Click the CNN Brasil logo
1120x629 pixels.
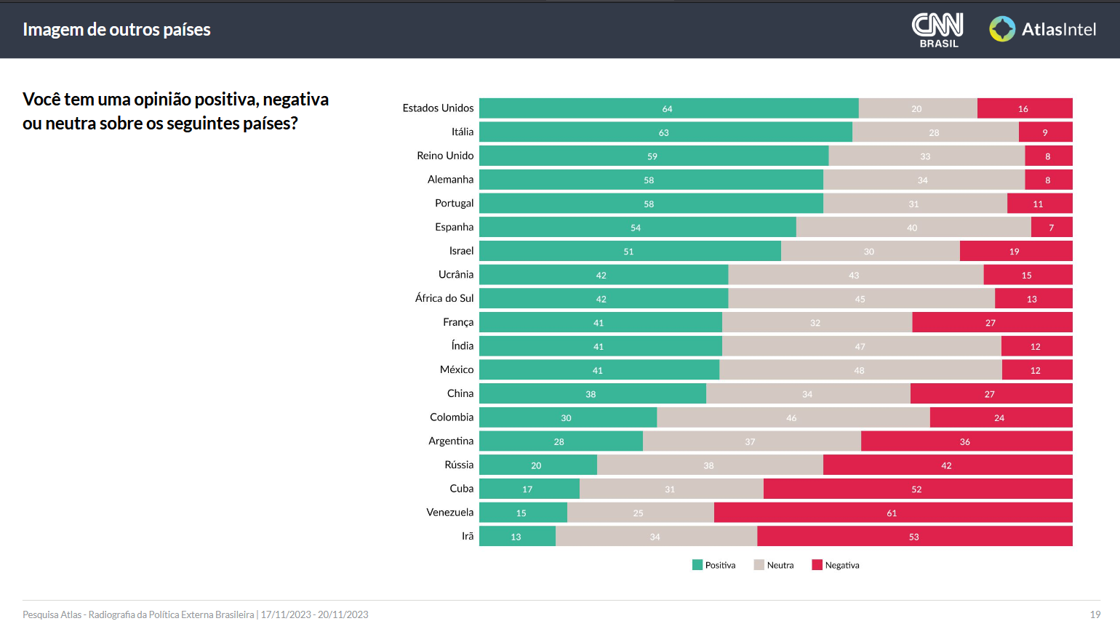coord(937,30)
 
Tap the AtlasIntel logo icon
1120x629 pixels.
coord(1002,29)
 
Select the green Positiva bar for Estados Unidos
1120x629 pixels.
coord(668,108)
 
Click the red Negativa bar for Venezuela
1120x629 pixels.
coord(892,513)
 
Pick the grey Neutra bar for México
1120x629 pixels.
coord(860,370)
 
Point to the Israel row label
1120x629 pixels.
coord(461,251)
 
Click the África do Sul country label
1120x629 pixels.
coord(444,298)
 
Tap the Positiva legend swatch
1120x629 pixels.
coord(697,565)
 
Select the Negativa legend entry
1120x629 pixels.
coord(836,565)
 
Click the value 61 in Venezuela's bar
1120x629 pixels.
coord(892,513)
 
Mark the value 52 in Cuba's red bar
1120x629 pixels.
coord(916,489)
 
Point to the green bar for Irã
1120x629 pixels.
coord(516,537)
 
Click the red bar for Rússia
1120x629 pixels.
coord(947,465)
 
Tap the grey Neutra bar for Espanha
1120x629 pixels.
coord(913,228)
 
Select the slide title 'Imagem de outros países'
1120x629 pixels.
coord(116,30)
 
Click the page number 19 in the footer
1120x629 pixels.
coord(1095,614)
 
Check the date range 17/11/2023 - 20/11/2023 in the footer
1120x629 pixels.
coord(314,614)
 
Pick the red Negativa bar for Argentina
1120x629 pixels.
coord(966,441)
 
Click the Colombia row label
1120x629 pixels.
coord(451,417)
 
